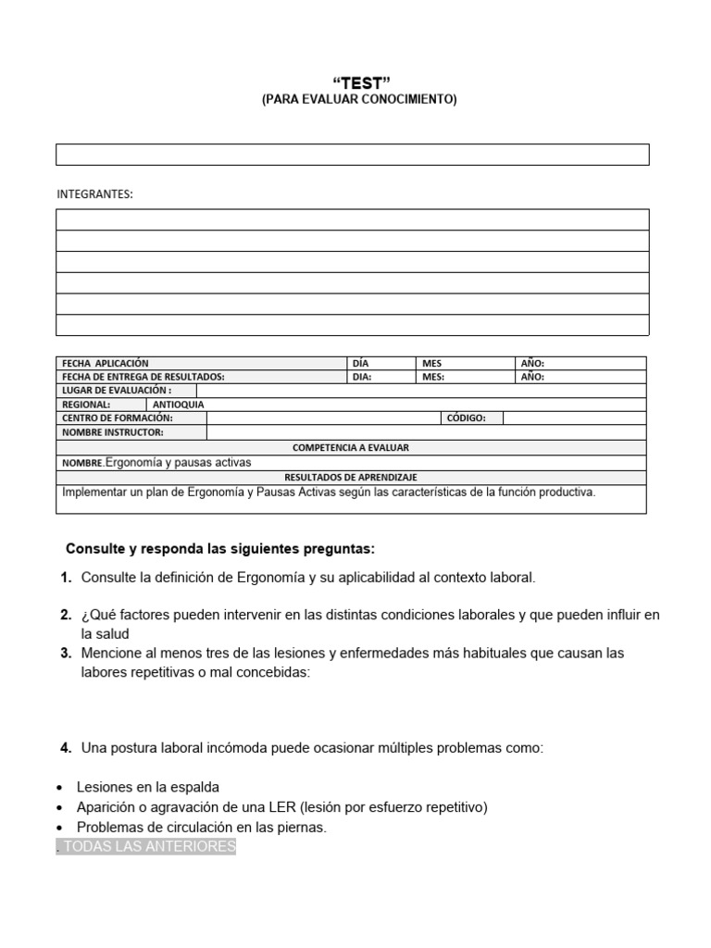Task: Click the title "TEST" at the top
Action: click(355, 83)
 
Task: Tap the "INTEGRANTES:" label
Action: click(95, 193)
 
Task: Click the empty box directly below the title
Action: click(352, 155)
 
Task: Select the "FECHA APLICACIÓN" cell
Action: click(106, 364)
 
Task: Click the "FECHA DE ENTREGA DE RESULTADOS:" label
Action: click(143, 377)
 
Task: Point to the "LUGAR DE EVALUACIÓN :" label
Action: click(117, 391)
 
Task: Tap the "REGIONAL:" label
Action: click(86, 405)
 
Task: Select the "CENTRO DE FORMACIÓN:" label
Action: click(118, 418)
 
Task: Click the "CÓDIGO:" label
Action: click(467, 418)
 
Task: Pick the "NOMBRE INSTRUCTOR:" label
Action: click(113, 432)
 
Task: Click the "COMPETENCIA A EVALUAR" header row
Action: click(351, 447)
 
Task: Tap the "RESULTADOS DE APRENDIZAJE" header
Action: click(351, 477)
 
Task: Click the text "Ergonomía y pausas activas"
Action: click(178, 462)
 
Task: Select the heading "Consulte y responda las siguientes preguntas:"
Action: click(220, 549)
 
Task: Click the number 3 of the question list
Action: click(66, 653)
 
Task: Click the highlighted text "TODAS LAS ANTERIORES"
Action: click(146, 846)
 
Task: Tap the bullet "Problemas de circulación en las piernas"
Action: click(202, 827)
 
